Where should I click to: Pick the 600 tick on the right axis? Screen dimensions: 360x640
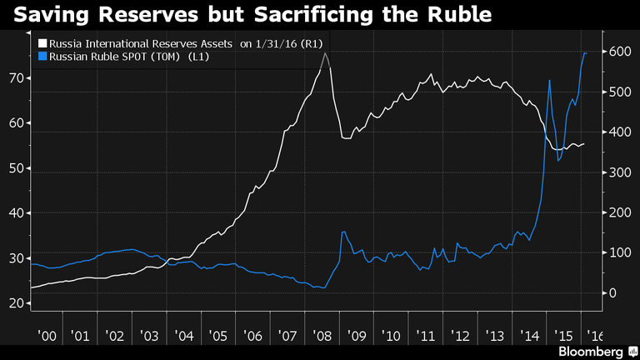click(617, 52)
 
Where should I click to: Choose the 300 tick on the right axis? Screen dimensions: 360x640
click(617, 172)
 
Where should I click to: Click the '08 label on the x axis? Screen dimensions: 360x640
click(323, 336)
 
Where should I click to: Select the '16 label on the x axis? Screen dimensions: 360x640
click(596, 336)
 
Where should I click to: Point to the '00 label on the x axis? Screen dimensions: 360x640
click(48, 336)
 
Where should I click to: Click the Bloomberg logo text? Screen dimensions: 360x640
click(593, 351)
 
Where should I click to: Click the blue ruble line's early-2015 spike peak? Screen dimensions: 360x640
click(549, 80)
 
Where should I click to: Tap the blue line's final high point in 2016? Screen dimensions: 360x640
click(584, 52)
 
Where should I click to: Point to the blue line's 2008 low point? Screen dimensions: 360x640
click(324, 288)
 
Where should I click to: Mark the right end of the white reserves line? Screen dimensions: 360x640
click(584, 144)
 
